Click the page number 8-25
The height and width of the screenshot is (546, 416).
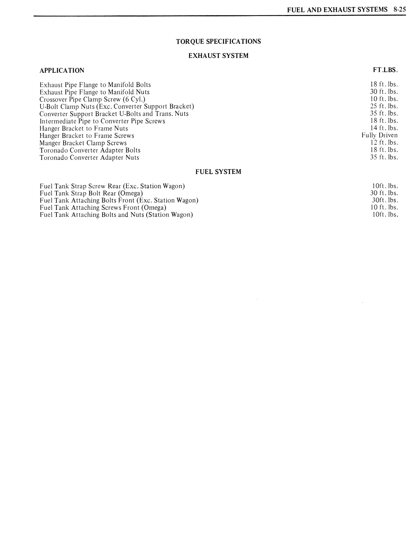pos(400,10)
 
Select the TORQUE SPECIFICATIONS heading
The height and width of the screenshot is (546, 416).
pos(218,42)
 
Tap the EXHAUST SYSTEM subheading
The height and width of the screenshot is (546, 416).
pos(218,56)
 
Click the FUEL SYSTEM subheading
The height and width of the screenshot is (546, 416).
pos(218,172)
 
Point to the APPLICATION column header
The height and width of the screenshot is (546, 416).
pos(62,70)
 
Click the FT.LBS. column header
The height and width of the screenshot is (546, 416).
pos(385,70)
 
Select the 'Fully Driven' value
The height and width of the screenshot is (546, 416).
pos(379,135)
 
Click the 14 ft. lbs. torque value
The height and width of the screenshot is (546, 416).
pos(384,128)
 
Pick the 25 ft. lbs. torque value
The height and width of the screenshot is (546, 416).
pos(384,106)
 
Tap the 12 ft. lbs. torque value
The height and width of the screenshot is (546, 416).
pos(384,142)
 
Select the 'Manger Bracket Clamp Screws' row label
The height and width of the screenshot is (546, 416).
pos(83,143)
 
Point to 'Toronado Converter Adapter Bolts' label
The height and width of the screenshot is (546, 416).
pos(90,150)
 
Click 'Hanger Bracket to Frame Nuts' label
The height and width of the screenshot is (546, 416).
pos(84,128)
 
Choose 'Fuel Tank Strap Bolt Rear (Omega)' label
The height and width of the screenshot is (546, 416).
pos(91,193)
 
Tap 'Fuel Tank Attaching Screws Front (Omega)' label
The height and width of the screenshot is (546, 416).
pos(103,208)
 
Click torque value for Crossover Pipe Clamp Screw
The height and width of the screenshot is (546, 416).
pos(384,99)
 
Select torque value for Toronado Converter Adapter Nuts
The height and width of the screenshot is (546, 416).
pos(384,157)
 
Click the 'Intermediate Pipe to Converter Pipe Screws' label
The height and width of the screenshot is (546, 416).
pos(102,121)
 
